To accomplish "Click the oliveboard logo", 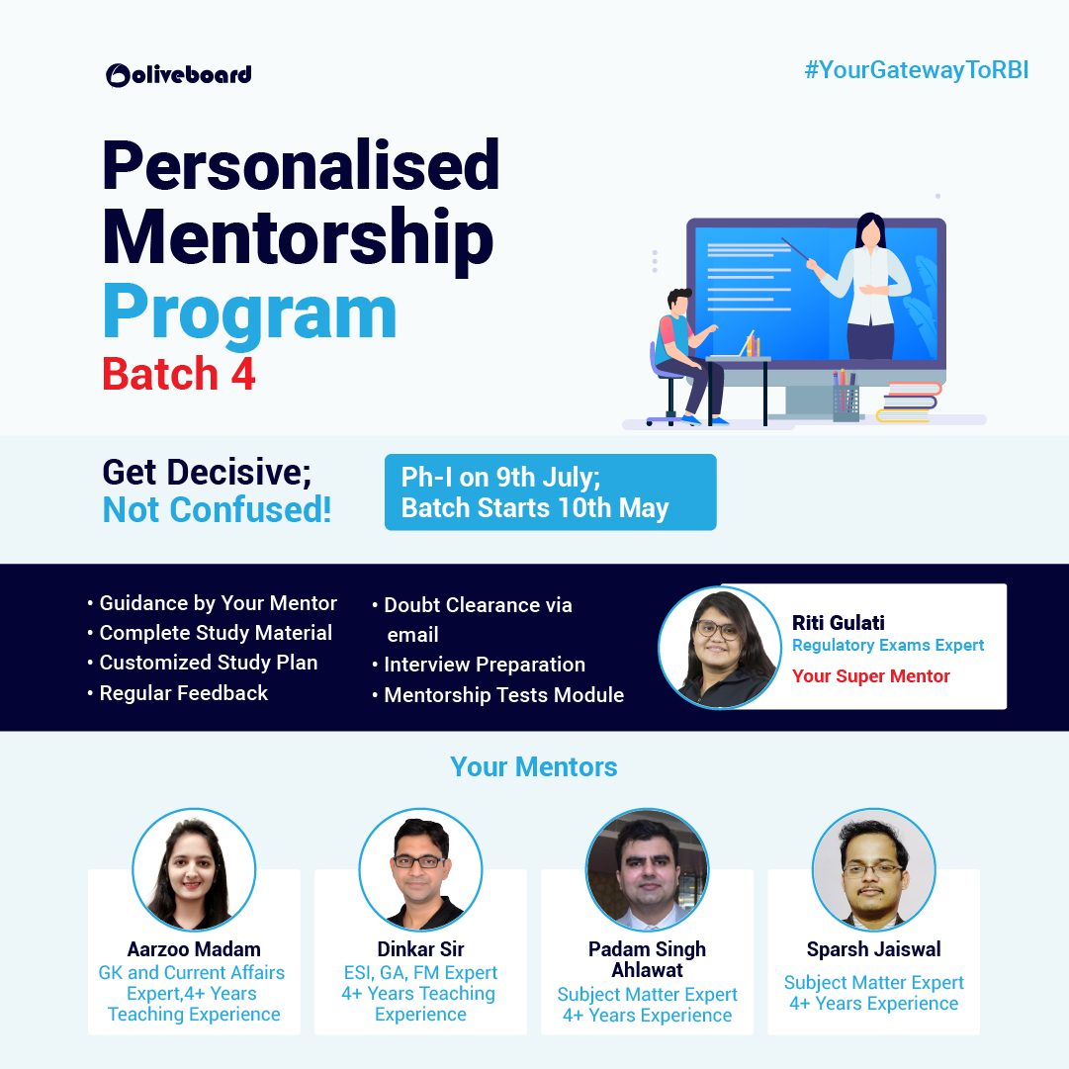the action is tap(179, 75).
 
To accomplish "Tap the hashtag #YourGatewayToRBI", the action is tap(917, 70).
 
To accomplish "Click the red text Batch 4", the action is tap(179, 374).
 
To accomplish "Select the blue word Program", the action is tap(249, 312).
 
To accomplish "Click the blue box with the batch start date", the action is tap(550, 492).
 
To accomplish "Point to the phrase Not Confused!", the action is tap(217, 510).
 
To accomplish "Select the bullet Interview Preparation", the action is tap(479, 665).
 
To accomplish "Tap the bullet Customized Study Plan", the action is tap(203, 663).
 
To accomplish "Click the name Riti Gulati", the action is tap(839, 622).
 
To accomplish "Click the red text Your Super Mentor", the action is tap(870, 676).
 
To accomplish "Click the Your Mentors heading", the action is tap(534, 767).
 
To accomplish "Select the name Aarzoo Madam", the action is tap(194, 949).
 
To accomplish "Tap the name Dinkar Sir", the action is tap(420, 949).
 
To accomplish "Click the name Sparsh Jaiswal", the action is tap(873, 949).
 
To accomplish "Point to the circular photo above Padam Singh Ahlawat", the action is tap(647, 869).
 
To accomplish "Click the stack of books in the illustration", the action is tap(908, 402).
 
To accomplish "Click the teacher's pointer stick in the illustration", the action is tap(795, 249).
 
